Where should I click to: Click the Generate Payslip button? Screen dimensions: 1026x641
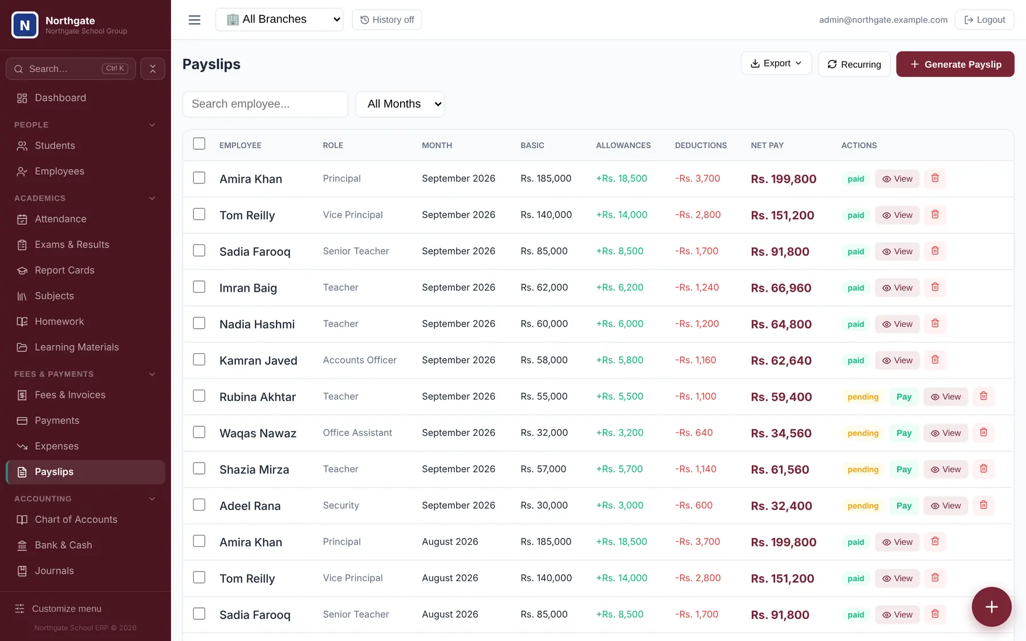955,64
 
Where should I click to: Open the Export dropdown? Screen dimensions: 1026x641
776,63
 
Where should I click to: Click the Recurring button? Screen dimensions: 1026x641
854,64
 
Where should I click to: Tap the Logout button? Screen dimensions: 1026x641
984,19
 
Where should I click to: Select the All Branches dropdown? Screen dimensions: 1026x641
279,19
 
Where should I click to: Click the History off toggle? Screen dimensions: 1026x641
387,19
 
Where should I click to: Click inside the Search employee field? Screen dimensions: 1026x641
265,104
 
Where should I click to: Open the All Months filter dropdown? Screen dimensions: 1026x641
400,104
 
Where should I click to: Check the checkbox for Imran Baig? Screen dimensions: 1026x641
199,287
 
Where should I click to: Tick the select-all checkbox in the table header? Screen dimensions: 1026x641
199,144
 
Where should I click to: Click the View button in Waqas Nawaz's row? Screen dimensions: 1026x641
946,433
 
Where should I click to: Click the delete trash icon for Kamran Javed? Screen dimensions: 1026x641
935,360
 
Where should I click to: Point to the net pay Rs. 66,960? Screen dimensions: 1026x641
781,288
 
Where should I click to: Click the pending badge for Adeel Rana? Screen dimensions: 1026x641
863,506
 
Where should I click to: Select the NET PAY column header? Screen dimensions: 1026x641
767,145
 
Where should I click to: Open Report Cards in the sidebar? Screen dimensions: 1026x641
64,270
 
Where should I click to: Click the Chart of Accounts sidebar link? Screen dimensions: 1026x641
76,520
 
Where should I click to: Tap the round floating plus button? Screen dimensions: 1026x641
992,607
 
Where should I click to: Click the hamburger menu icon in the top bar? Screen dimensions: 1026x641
194,20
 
